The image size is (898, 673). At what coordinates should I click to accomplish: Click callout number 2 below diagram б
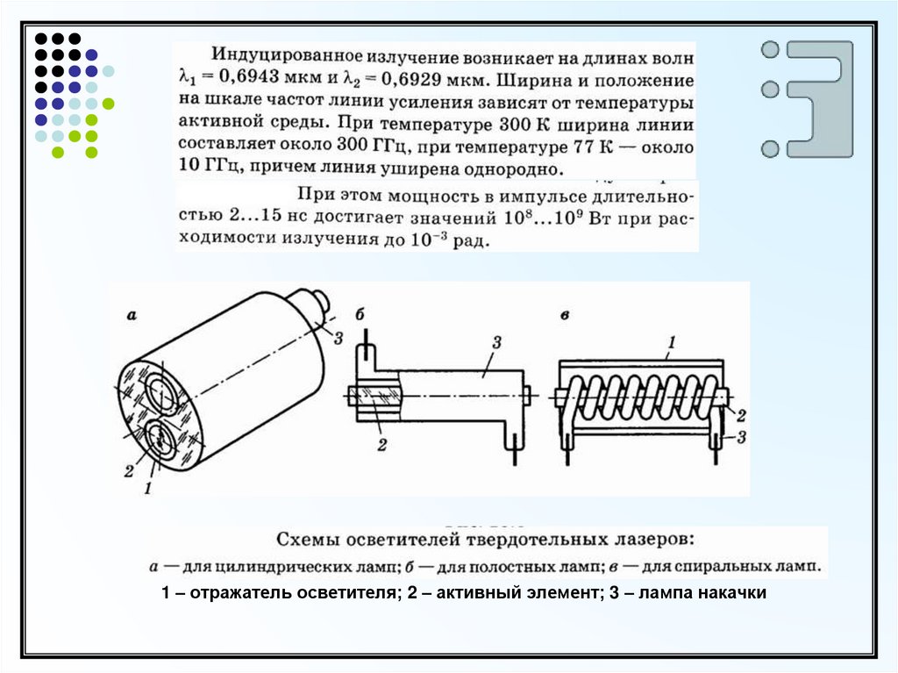(x=381, y=447)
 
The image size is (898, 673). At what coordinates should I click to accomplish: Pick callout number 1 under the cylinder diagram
(x=148, y=488)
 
